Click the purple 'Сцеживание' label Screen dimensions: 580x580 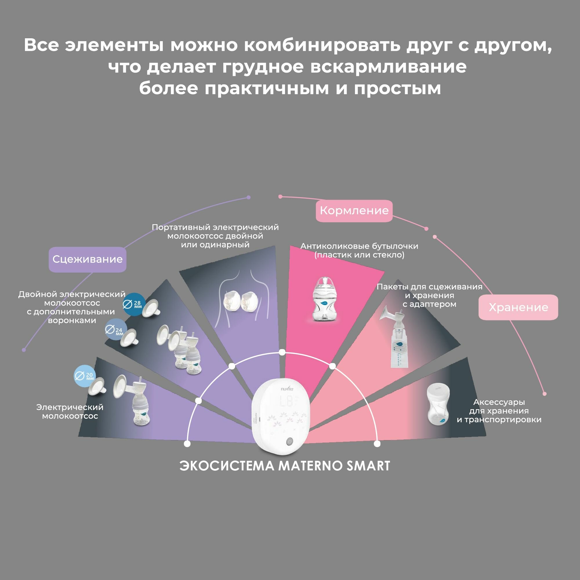87,259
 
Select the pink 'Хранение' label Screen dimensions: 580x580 518,307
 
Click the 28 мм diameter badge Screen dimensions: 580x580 134,304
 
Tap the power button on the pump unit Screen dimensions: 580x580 289,441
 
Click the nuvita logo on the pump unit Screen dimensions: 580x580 287,389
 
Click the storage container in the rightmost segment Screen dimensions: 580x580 438,406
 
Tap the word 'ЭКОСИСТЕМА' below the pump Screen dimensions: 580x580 227,466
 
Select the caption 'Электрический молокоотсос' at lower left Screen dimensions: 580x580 70,412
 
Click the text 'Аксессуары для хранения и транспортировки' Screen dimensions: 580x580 499,411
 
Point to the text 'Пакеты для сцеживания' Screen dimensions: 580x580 429,287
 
